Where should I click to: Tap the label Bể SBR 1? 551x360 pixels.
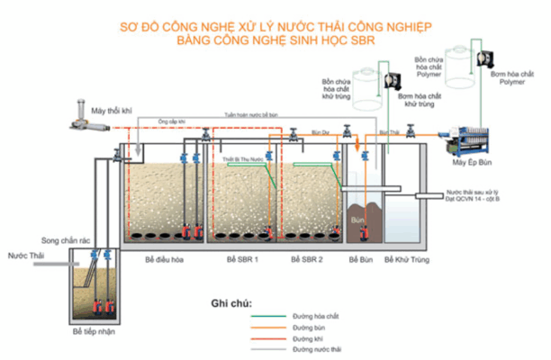(x=243, y=258)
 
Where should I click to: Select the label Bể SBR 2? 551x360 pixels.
(x=308, y=258)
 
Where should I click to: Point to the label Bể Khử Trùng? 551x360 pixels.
(x=404, y=258)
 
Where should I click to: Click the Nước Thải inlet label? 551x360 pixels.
(x=25, y=256)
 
